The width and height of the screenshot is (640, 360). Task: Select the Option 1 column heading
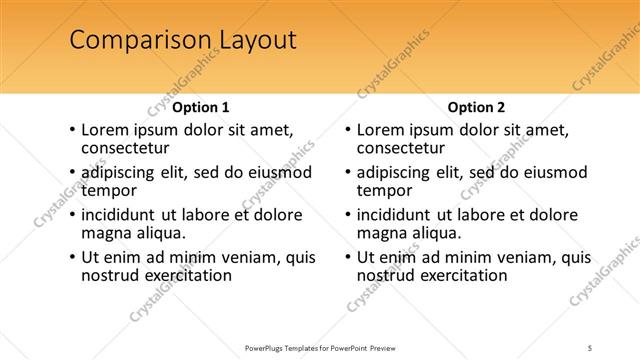click(201, 107)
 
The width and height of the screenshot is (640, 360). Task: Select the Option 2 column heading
click(476, 107)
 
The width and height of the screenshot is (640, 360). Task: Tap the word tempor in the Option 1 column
click(109, 190)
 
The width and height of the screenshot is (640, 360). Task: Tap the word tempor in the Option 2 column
click(385, 190)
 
